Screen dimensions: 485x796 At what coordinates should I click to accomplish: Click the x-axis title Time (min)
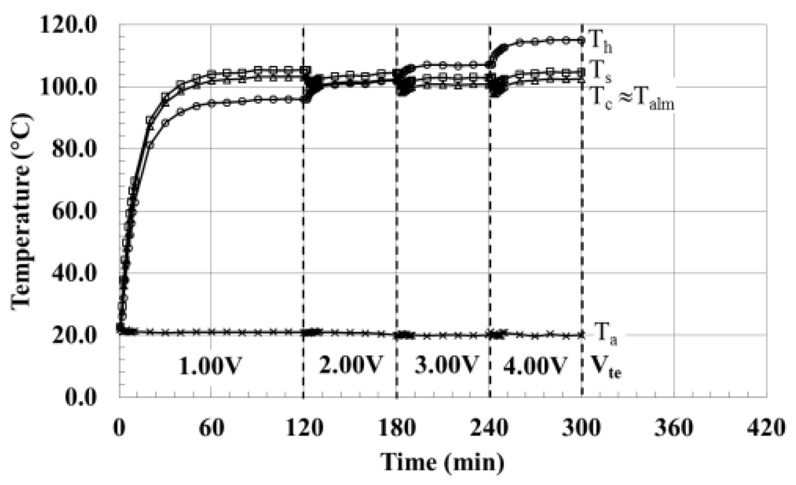(x=442, y=463)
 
